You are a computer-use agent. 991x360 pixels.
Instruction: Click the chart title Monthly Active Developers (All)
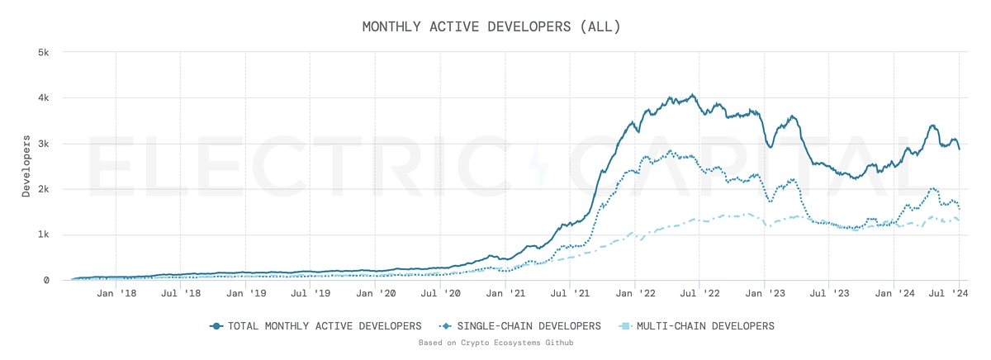point(491,26)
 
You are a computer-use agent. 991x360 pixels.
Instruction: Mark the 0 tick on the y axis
point(47,281)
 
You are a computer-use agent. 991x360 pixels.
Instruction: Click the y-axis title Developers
point(26,166)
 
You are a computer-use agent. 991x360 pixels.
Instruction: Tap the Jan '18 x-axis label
point(116,293)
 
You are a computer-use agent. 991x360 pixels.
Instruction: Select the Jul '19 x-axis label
point(310,293)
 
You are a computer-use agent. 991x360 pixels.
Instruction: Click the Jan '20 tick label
point(375,293)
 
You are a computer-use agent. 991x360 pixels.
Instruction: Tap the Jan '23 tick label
point(764,293)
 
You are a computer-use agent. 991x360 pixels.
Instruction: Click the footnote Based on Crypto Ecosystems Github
point(495,342)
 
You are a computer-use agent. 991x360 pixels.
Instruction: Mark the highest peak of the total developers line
point(692,95)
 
